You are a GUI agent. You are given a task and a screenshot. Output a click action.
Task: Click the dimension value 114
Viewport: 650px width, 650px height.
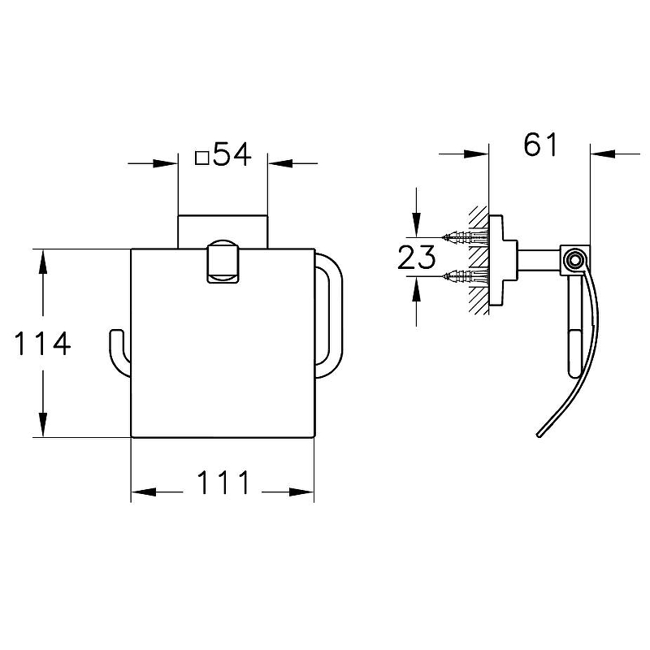pyautogui.click(x=42, y=343)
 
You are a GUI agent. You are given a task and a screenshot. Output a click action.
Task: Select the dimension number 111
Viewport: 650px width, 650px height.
pyautogui.click(x=223, y=482)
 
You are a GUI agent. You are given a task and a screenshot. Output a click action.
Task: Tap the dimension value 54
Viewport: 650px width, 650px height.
pyautogui.click(x=232, y=154)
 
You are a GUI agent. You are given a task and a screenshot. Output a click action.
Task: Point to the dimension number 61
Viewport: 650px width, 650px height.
pyautogui.click(x=540, y=145)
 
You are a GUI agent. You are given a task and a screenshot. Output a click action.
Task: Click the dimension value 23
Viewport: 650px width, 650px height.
pyautogui.click(x=416, y=257)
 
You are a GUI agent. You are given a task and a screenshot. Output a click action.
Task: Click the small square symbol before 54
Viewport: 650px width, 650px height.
pyautogui.click(x=201, y=158)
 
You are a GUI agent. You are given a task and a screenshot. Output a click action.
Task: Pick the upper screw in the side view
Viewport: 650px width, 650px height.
pyautogui.click(x=464, y=237)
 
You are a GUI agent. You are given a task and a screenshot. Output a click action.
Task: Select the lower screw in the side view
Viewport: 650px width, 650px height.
pyautogui.click(x=464, y=275)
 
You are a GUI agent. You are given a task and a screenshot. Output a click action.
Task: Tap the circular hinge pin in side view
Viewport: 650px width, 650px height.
pyautogui.click(x=574, y=261)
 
